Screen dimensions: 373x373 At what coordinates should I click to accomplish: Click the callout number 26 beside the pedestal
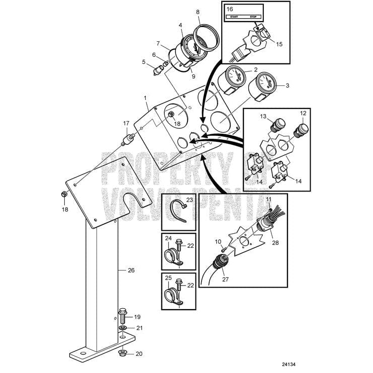(x=131, y=270)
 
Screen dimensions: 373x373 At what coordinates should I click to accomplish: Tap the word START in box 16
(x=234, y=17)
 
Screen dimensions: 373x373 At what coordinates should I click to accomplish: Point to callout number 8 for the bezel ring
(x=197, y=12)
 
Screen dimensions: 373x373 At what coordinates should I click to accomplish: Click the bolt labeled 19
(x=123, y=317)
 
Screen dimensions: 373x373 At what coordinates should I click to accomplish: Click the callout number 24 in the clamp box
(x=168, y=238)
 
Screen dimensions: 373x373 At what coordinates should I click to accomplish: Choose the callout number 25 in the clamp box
(x=168, y=277)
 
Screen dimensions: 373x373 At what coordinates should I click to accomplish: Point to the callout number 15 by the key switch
(x=279, y=44)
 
